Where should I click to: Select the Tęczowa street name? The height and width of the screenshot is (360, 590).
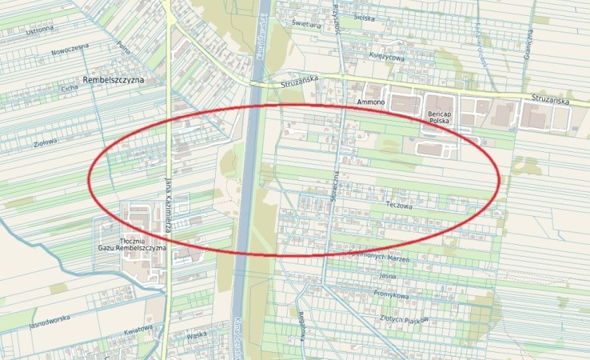click(x=398, y=204)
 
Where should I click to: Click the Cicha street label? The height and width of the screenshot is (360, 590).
click(x=69, y=89)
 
